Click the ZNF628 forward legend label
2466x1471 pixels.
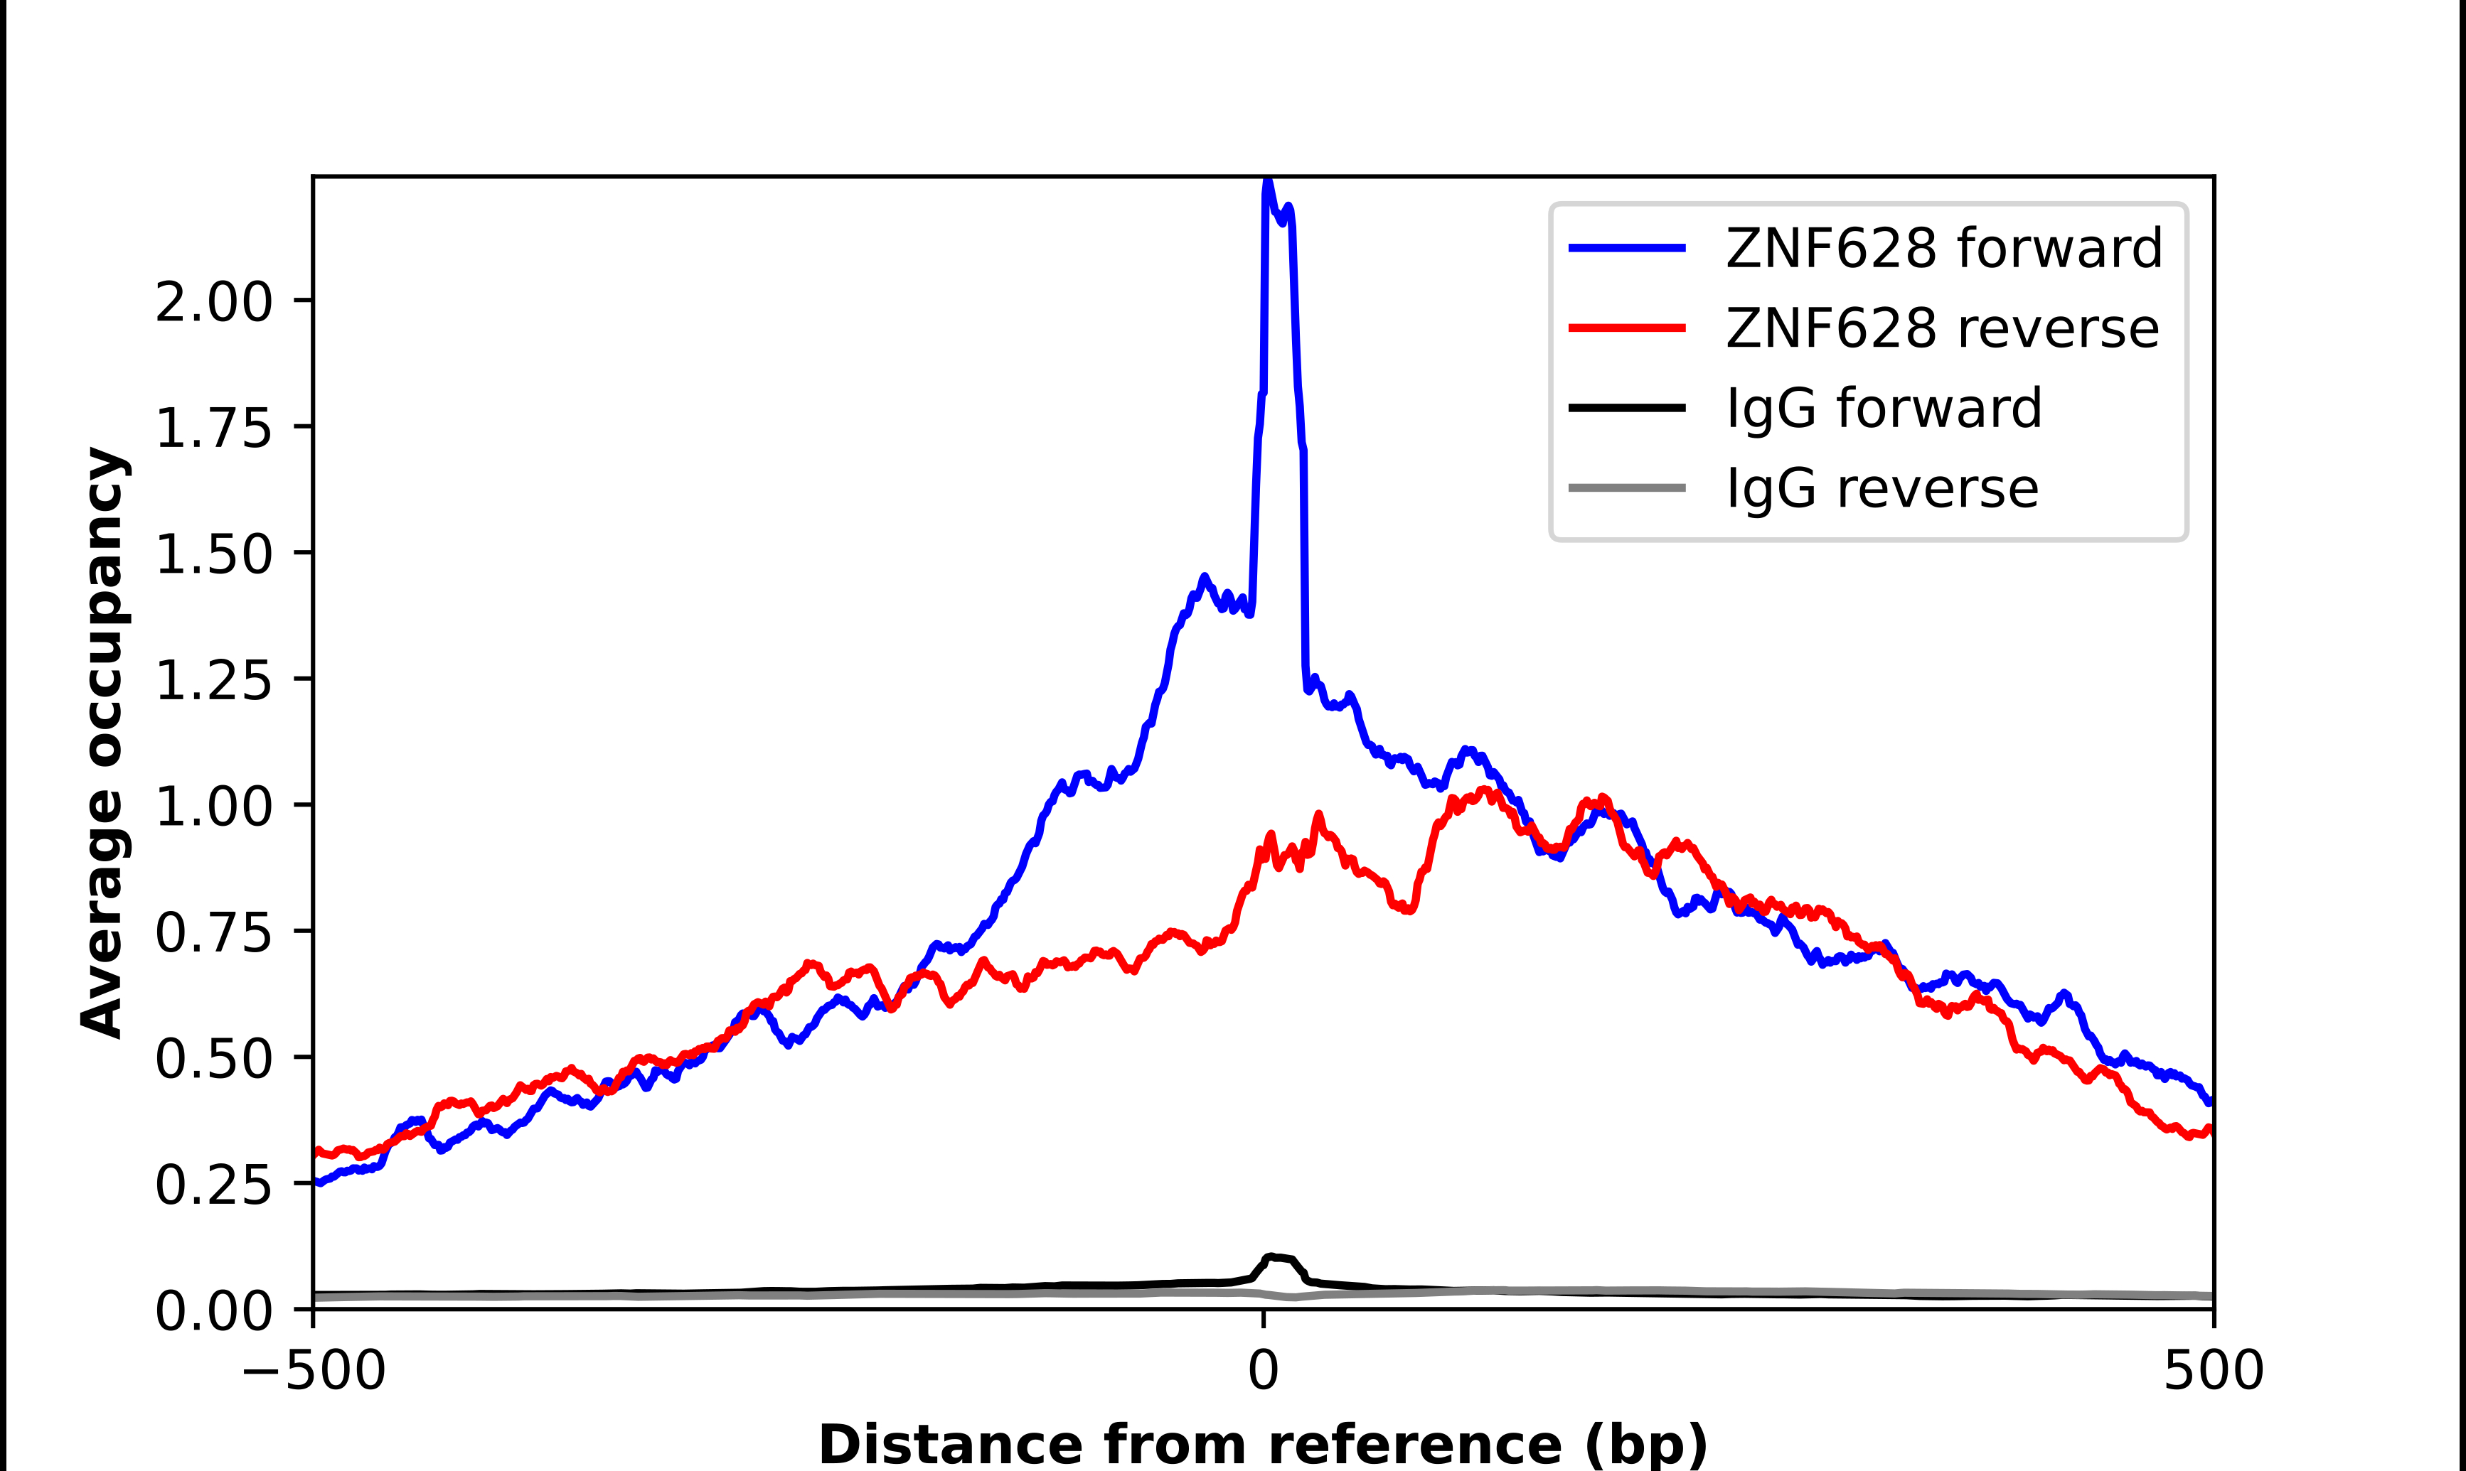(x=1943, y=248)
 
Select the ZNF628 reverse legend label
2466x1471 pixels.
(x=1941, y=328)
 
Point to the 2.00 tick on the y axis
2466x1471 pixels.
(x=213, y=301)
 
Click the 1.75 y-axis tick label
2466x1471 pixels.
(x=213, y=429)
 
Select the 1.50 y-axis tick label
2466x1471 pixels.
(x=213, y=554)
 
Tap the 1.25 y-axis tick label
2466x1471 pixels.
(x=213, y=680)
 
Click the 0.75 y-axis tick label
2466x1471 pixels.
(x=213, y=933)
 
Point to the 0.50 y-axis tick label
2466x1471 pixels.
(x=213, y=1059)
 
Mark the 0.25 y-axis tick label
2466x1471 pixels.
(x=213, y=1185)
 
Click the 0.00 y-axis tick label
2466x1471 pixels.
(x=213, y=1310)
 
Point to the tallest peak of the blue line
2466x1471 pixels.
(x=1267, y=183)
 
